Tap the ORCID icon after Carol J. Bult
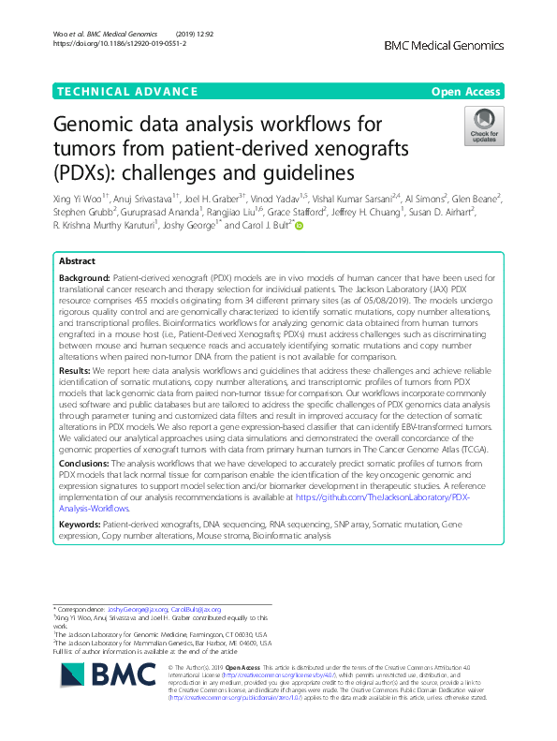(x=300, y=226)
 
